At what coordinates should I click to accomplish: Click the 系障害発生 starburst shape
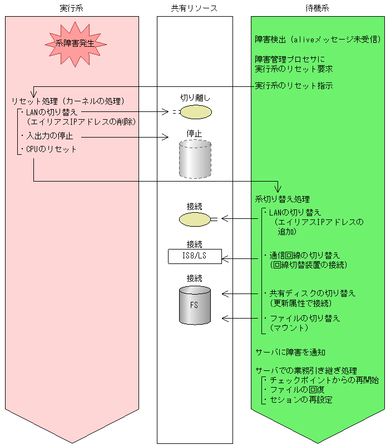(76, 43)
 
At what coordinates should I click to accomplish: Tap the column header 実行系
(72, 8)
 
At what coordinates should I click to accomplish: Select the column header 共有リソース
(194, 8)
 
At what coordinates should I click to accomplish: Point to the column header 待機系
(317, 8)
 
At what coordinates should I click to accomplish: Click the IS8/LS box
(195, 256)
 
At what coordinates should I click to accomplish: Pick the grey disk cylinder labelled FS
(195, 305)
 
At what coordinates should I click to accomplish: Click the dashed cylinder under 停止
(195, 159)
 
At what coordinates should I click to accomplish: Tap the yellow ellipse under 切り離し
(196, 111)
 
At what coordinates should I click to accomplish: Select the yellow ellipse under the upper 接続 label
(194, 219)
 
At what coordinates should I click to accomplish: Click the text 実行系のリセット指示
(294, 86)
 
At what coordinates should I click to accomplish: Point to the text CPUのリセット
(51, 149)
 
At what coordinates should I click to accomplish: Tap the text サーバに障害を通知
(290, 353)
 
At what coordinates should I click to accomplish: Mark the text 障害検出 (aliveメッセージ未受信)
(317, 40)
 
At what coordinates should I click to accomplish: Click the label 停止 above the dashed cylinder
(194, 134)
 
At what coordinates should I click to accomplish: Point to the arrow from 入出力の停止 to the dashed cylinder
(125, 136)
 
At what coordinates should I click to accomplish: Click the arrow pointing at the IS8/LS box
(242, 258)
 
